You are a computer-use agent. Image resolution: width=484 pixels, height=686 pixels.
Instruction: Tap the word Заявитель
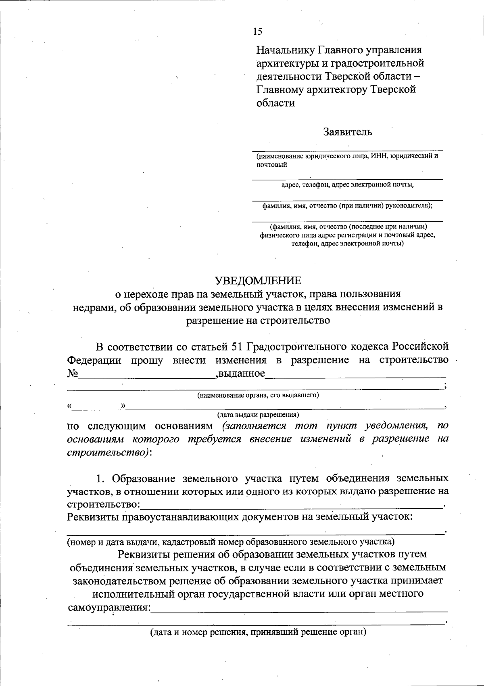click(347, 132)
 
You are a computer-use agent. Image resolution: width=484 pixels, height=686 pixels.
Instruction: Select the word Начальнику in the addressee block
click(285, 50)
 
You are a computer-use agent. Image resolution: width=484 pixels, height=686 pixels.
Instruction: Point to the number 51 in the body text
click(236, 346)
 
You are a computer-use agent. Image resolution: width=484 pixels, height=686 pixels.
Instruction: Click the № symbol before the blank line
click(73, 373)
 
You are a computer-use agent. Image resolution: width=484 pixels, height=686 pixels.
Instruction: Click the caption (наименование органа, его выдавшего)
click(258, 395)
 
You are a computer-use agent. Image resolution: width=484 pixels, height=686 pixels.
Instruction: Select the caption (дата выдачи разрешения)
click(258, 414)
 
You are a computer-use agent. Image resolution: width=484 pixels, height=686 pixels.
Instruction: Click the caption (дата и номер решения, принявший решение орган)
click(258, 632)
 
